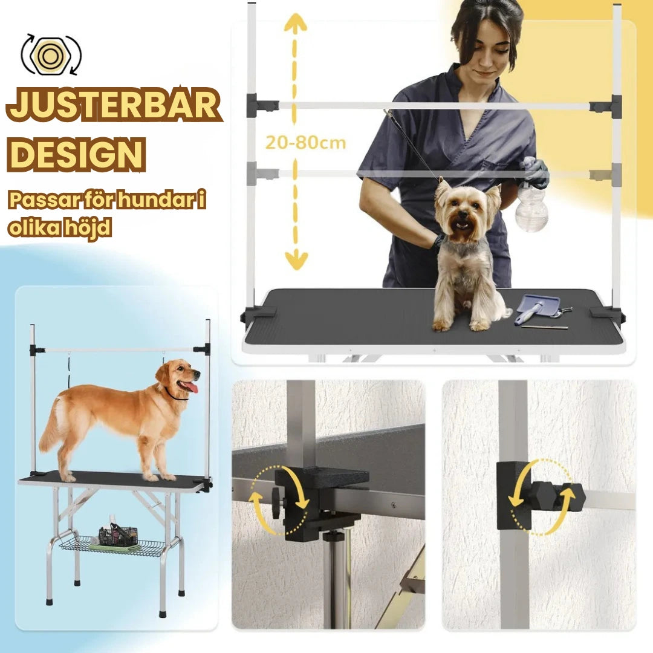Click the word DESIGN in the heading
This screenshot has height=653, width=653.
(x=76, y=154)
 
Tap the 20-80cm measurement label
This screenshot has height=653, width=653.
(x=306, y=143)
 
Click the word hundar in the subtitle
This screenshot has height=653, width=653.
(x=156, y=200)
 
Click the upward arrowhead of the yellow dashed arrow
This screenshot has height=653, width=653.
(x=295, y=22)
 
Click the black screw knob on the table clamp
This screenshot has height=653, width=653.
(x=277, y=504)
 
